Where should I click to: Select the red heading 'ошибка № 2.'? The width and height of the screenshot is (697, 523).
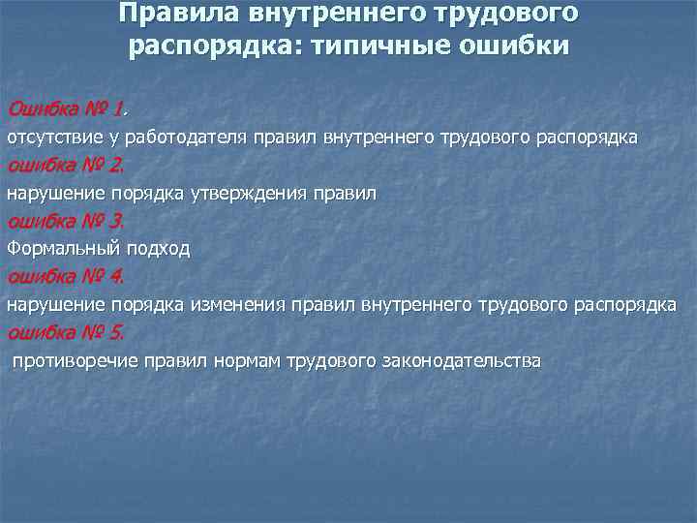[66, 165]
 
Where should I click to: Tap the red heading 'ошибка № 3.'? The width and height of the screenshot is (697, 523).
[66, 221]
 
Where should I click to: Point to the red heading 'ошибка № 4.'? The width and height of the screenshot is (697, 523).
[66, 277]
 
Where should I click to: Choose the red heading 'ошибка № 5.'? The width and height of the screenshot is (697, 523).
[66, 333]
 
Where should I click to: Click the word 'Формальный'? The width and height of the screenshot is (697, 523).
[59, 249]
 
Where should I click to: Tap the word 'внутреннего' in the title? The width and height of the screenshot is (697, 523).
[338, 15]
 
